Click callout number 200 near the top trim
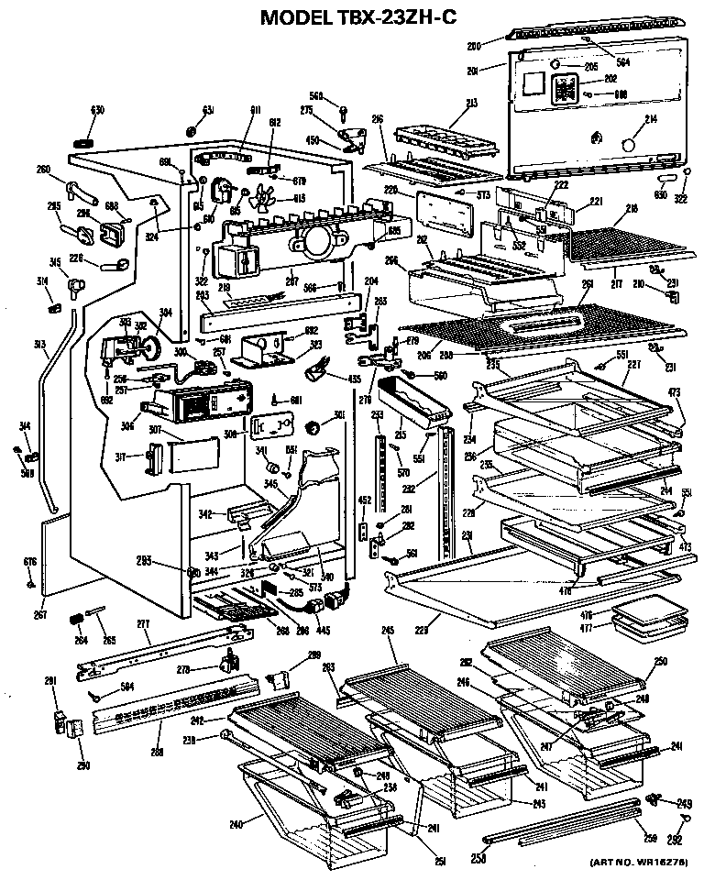(474, 45)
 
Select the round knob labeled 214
(629, 145)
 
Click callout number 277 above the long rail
(143, 624)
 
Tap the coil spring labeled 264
(77, 621)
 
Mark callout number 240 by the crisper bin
(236, 824)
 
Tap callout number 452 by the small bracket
(364, 500)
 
